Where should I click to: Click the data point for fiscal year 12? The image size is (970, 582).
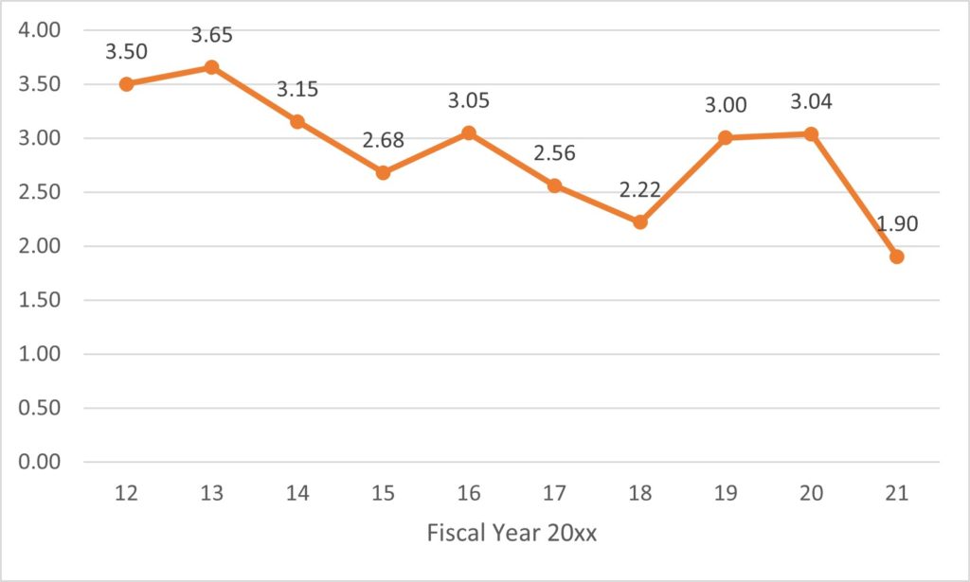(x=126, y=84)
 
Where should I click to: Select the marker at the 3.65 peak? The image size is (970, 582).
(x=211, y=67)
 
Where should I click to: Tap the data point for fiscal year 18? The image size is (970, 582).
(x=639, y=222)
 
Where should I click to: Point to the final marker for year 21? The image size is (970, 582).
(x=896, y=256)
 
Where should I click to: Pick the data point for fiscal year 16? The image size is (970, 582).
(x=468, y=132)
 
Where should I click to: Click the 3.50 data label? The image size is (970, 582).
(x=127, y=52)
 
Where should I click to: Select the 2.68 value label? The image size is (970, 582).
(x=383, y=140)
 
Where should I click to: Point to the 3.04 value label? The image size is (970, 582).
(x=811, y=102)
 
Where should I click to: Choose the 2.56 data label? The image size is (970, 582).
(x=554, y=152)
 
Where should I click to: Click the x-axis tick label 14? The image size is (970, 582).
(x=297, y=493)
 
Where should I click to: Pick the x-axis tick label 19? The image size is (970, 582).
(x=725, y=493)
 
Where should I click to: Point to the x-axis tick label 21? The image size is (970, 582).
(x=896, y=493)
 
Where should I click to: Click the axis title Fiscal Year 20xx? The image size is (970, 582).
(x=512, y=533)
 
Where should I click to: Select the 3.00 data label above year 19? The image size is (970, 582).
(x=725, y=106)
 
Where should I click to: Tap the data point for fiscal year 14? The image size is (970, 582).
(x=297, y=122)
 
